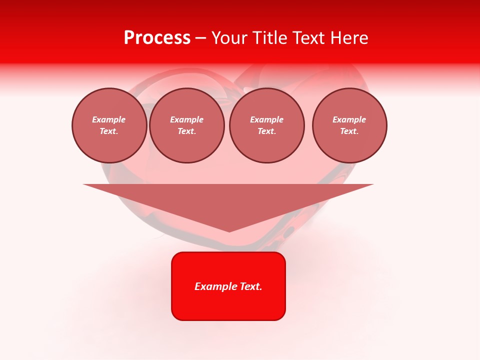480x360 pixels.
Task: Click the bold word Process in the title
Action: (x=157, y=38)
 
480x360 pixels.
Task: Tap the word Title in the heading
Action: (x=270, y=38)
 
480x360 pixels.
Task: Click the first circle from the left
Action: (x=109, y=125)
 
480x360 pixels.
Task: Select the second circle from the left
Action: (x=187, y=125)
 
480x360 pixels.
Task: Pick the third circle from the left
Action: (x=267, y=125)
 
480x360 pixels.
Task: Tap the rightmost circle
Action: (x=349, y=125)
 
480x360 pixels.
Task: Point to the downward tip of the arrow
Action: (x=229, y=231)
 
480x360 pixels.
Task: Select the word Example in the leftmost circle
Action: (x=109, y=120)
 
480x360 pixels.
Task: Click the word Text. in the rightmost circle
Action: (x=349, y=131)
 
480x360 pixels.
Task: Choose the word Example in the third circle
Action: (x=267, y=120)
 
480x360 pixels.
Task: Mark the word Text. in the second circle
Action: (x=187, y=131)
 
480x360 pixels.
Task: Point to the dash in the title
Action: (x=201, y=38)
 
